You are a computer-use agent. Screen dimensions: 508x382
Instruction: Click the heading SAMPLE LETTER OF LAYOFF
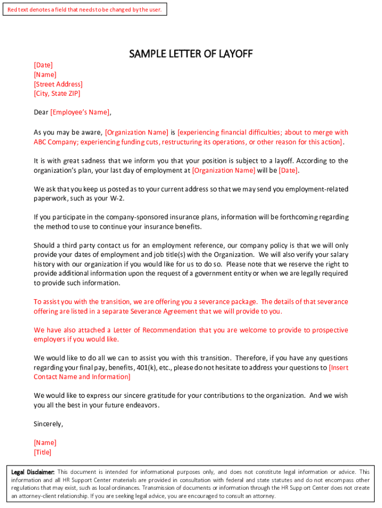(191, 54)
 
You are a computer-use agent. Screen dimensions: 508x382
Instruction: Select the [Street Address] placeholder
(58, 84)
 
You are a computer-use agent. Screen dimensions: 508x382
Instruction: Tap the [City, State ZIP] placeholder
(57, 93)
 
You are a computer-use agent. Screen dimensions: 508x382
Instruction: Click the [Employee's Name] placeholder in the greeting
(80, 112)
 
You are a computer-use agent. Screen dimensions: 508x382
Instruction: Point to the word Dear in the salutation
(41, 112)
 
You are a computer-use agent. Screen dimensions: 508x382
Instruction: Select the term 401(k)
(148, 368)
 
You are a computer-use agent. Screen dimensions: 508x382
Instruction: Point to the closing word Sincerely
(48, 424)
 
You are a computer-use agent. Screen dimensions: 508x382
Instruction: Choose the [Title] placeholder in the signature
(42, 452)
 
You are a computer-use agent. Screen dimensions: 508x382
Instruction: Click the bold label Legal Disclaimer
(33, 472)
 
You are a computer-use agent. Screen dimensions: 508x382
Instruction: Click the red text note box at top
(84, 9)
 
